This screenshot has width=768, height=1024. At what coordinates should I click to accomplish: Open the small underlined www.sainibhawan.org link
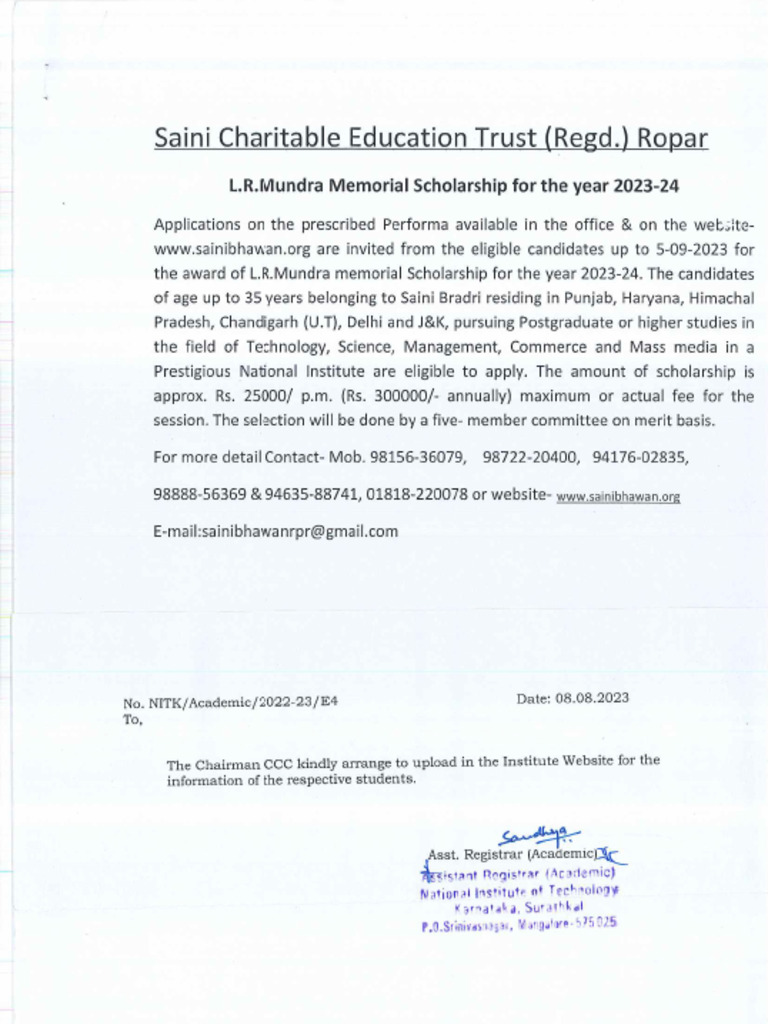point(618,497)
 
